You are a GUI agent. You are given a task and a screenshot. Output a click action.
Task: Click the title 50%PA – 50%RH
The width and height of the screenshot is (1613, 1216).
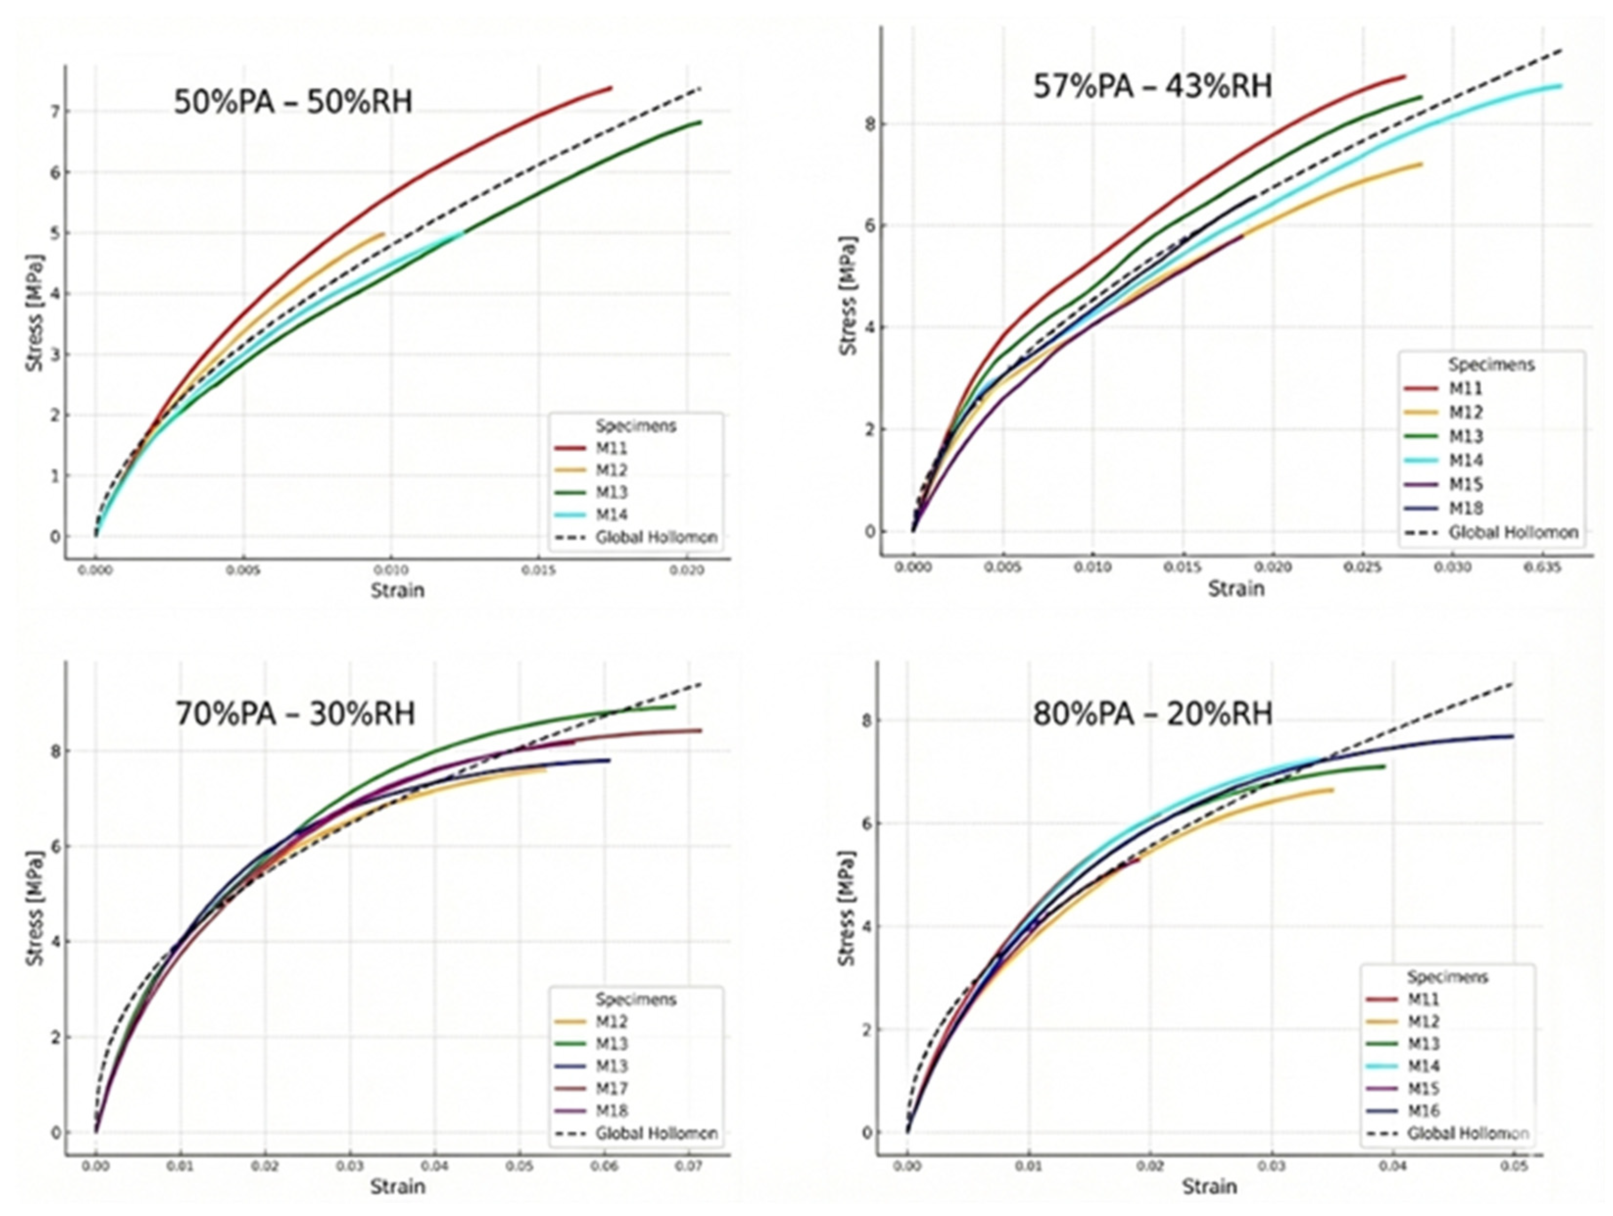coord(293,101)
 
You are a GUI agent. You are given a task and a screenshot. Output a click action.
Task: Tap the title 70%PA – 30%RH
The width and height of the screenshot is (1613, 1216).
coord(295,713)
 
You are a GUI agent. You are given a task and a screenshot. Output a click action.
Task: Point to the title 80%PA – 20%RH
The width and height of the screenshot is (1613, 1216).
coord(1152,713)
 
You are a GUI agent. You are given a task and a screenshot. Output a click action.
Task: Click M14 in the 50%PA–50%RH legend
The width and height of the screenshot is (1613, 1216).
coord(611,514)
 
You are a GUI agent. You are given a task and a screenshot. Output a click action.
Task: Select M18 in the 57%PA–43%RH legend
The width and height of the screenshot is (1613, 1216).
coord(1465,508)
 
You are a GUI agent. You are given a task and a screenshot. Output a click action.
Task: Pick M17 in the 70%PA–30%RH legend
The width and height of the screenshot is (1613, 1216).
coord(611,1088)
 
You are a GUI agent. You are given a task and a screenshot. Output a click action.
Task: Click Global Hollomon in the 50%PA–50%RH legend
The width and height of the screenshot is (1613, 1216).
coord(656,538)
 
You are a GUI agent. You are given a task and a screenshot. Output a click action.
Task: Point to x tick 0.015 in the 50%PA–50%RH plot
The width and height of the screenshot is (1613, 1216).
coord(538,571)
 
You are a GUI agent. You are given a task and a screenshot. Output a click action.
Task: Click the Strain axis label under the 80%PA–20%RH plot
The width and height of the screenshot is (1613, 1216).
coord(1209,1186)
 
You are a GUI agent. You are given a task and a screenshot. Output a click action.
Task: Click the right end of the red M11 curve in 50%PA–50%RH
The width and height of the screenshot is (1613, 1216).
coord(611,88)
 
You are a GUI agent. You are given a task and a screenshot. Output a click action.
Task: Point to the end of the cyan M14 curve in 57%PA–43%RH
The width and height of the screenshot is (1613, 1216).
coord(1561,86)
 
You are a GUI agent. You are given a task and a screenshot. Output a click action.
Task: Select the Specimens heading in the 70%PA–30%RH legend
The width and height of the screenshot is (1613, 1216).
coord(636,999)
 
